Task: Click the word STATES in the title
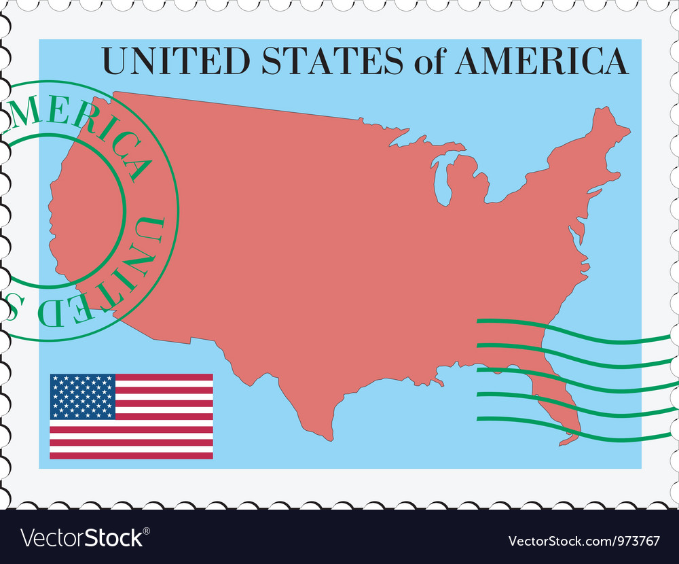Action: click(x=331, y=61)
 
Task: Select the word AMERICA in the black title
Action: click(x=541, y=61)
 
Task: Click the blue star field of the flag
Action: click(x=82, y=396)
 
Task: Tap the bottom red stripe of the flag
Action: click(x=131, y=455)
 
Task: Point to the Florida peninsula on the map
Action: click(x=555, y=401)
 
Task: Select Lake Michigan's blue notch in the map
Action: click(x=442, y=183)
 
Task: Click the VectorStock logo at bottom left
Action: click(x=81, y=538)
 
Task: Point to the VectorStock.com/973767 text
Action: click(x=584, y=541)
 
